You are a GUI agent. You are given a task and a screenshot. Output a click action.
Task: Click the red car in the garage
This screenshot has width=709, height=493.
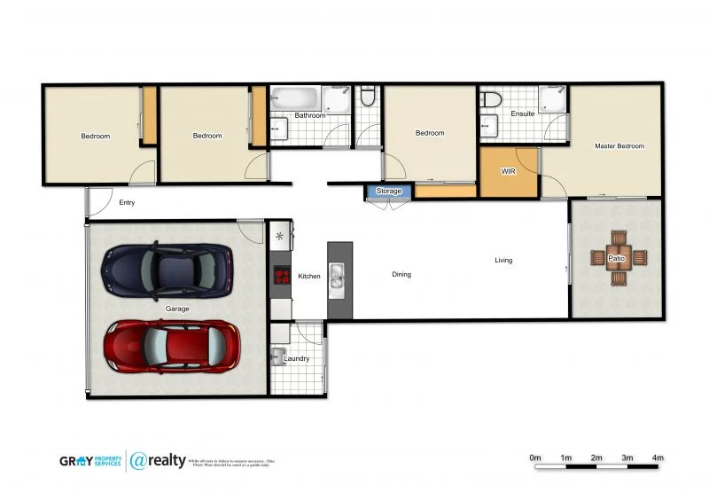point(172,346)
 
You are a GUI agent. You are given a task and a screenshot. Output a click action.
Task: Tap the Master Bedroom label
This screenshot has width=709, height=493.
point(619,146)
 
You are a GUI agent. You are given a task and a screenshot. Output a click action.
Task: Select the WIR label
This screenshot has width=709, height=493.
point(508,171)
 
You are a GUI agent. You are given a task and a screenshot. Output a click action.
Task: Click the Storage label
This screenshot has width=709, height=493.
point(388,192)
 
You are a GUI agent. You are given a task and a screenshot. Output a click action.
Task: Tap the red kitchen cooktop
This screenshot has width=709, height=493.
point(282,275)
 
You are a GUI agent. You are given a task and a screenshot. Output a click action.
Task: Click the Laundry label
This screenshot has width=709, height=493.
point(296,359)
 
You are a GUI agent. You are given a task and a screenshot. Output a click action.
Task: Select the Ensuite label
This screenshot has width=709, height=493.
point(522,114)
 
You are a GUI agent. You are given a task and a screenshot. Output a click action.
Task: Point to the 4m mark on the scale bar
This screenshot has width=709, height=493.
point(658,458)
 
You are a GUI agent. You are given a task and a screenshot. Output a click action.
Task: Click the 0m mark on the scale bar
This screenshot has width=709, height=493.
point(534,458)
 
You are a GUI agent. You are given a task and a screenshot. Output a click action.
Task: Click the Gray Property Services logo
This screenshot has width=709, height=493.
point(90,461)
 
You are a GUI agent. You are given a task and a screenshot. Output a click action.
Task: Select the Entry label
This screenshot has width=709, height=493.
point(127,203)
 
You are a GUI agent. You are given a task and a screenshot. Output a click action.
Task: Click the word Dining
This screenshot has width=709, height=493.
point(401,275)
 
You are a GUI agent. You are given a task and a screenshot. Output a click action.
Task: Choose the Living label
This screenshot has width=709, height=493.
point(503,261)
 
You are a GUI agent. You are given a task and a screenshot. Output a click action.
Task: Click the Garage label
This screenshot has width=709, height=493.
point(176,309)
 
